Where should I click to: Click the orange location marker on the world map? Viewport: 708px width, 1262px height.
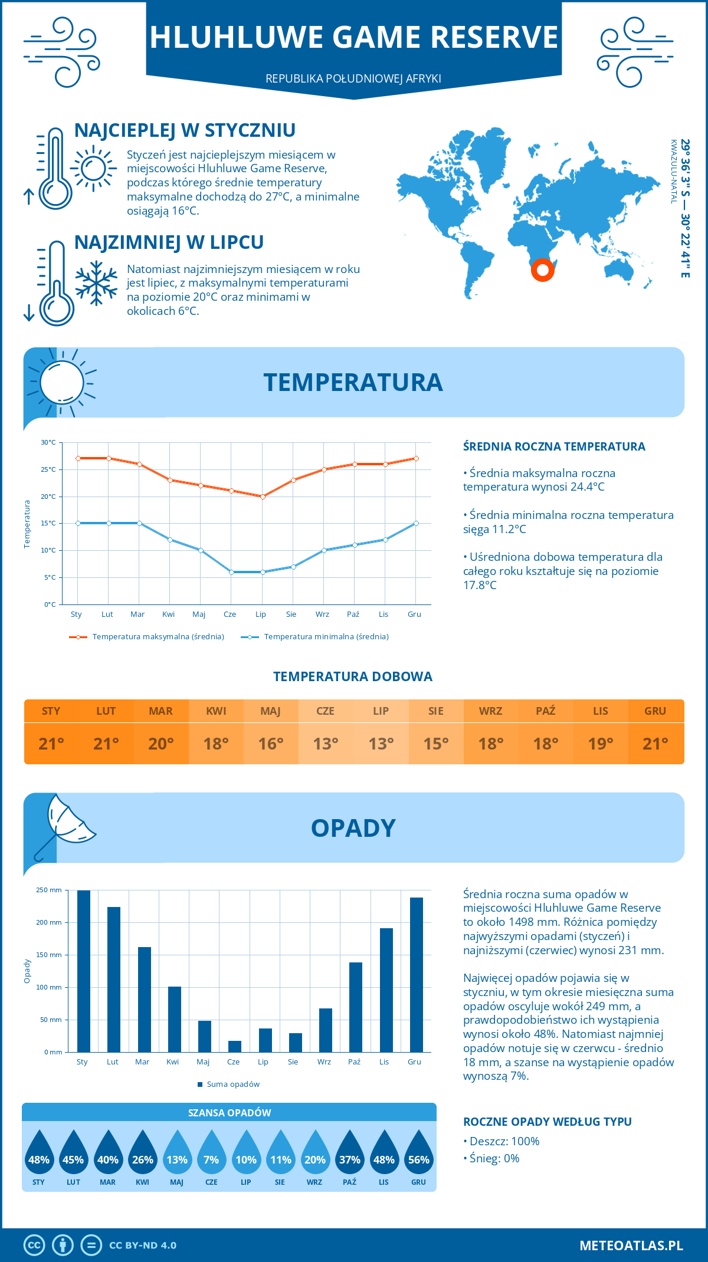coord(542,270)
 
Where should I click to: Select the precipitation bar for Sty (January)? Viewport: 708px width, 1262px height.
coord(84,971)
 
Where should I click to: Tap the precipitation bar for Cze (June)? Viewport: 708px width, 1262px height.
coord(235,1046)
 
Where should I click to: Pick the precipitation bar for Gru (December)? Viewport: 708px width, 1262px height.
coord(417,975)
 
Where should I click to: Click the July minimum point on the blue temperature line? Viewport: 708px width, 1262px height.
coord(263,572)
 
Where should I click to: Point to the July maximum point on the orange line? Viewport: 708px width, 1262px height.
coord(263,497)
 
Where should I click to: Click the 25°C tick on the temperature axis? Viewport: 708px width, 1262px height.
coord(48,469)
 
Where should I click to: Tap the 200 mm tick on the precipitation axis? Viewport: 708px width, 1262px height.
coord(49,922)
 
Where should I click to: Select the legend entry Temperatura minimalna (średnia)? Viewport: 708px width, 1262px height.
coord(326,637)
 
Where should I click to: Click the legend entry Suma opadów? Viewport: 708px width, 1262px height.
coord(233,1084)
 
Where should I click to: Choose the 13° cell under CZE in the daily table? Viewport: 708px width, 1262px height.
coord(326,744)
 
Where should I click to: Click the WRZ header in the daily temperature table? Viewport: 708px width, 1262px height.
coord(490,711)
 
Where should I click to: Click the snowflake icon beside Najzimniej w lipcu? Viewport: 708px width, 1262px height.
coord(96,282)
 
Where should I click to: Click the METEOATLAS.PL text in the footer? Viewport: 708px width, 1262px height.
coord(631,1245)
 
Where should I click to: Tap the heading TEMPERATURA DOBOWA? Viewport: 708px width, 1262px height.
coord(353,677)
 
